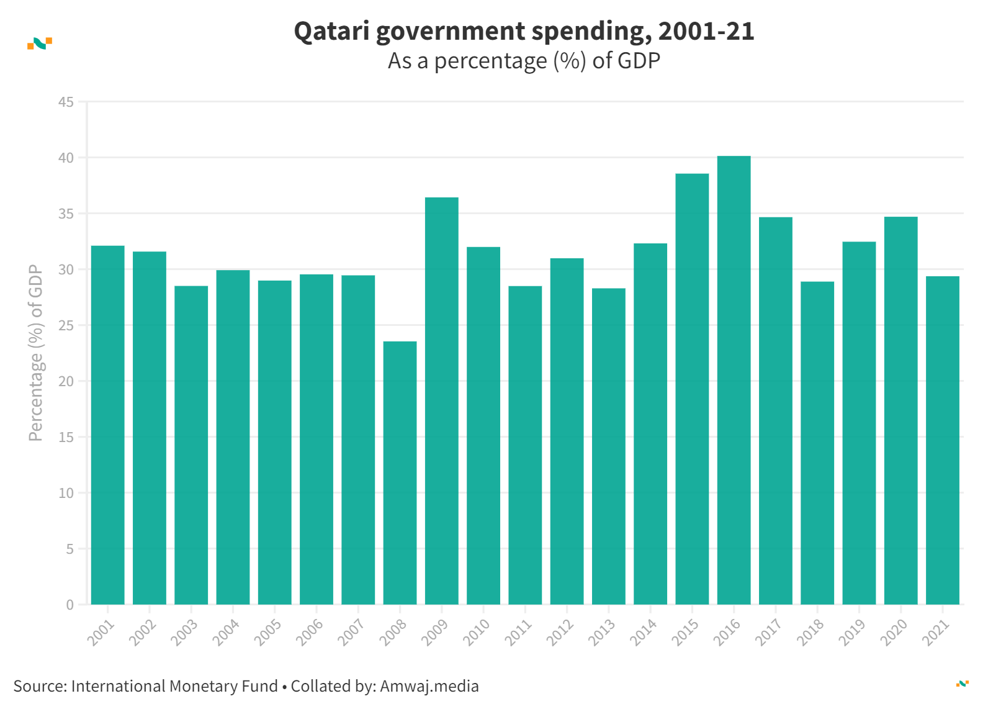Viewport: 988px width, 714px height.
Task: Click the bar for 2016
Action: tap(734, 380)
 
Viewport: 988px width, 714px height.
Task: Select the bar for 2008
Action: tap(400, 472)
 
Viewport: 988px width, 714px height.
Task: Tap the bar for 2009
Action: tap(441, 400)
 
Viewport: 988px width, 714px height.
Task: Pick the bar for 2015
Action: tap(692, 389)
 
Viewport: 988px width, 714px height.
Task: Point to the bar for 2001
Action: tap(107, 425)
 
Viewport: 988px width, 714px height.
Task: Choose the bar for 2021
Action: tap(942, 440)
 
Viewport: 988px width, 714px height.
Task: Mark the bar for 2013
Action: tap(608, 446)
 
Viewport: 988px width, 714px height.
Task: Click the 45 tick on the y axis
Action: tap(66, 102)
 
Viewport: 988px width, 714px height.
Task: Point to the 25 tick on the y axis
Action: tap(66, 325)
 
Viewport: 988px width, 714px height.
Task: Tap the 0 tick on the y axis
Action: tap(70, 605)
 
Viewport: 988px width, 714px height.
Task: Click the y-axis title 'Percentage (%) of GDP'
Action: tap(36, 353)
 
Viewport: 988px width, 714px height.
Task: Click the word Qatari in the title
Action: tap(331, 31)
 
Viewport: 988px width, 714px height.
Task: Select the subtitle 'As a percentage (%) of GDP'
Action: tap(524, 61)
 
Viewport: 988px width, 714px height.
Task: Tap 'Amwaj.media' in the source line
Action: tap(429, 686)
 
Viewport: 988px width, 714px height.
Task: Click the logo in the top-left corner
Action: tap(40, 43)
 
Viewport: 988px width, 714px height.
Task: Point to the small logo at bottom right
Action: tap(962, 684)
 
